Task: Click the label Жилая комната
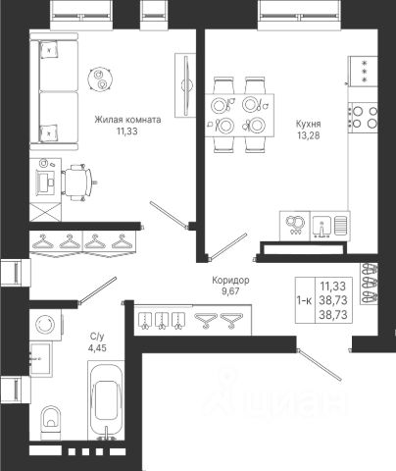pyautogui.click(x=127, y=120)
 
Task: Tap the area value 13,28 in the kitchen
pyautogui.click(x=309, y=135)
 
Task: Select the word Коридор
pyautogui.click(x=230, y=281)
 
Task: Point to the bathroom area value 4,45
pyautogui.click(x=97, y=348)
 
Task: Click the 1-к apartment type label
pyautogui.click(x=304, y=300)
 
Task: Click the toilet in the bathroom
pyautogui.click(x=51, y=419)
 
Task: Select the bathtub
pyautogui.click(x=106, y=400)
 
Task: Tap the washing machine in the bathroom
pyautogui.click(x=45, y=325)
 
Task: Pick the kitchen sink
pyautogui.click(x=330, y=226)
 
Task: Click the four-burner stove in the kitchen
pyautogui.click(x=364, y=118)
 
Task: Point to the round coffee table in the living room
pyautogui.click(x=101, y=79)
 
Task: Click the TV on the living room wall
pyautogui.click(x=186, y=85)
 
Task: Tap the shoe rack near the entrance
pyautogui.click(x=369, y=284)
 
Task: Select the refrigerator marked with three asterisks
pyautogui.click(x=363, y=72)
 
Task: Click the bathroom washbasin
pyautogui.click(x=40, y=358)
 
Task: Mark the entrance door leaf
pyautogui.click(x=320, y=365)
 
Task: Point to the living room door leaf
pyautogui.click(x=169, y=214)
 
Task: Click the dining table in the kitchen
pyautogui.click(x=239, y=115)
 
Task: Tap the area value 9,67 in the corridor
pyautogui.click(x=230, y=291)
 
